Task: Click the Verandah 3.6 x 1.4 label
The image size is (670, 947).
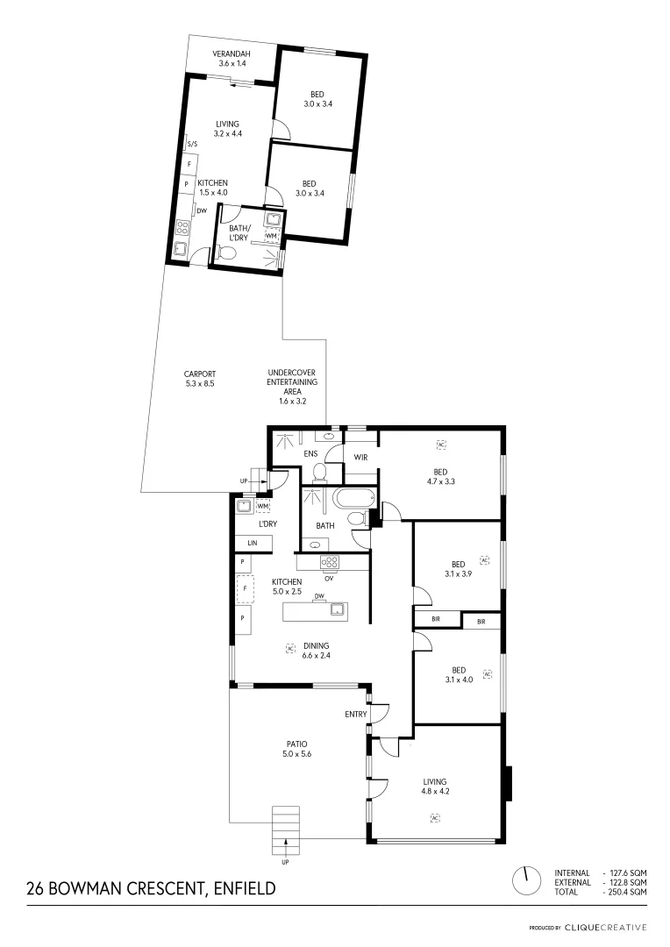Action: tap(232, 59)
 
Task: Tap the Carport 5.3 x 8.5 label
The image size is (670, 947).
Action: tap(199, 379)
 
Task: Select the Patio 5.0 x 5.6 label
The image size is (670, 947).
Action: tap(297, 748)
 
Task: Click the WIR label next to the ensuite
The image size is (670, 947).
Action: tap(360, 457)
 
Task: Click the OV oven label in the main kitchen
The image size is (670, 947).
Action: tap(329, 578)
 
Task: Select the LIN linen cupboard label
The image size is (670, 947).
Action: tap(253, 544)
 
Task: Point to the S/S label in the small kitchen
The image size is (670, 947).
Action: tap(192, 145)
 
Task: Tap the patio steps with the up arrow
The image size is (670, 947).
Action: tap(285, 829)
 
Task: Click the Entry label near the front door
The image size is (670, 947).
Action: tap(355, 715)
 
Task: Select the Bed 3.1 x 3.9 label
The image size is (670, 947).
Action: tap(458, 569)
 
